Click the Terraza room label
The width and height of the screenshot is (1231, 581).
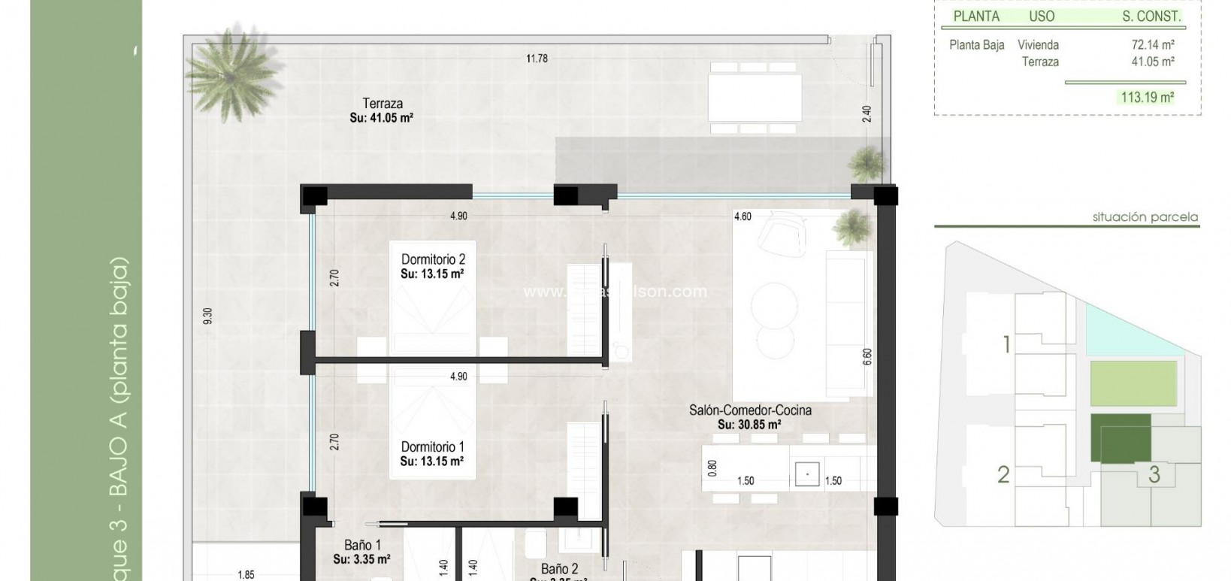382,104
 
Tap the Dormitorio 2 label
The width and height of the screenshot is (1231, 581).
432,260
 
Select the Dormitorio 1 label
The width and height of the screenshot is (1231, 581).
432,447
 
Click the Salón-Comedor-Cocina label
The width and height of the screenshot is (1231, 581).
750,410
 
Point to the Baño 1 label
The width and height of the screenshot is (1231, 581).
362,545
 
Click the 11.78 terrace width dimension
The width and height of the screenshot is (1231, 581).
537,59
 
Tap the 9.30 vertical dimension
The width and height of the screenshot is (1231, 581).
208,316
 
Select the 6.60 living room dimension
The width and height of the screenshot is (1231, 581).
867,356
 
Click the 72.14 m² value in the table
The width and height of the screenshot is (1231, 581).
1153,45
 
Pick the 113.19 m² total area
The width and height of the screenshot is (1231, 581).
1147,97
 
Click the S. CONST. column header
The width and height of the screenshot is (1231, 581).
1151,16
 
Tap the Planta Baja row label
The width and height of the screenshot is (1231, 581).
976,45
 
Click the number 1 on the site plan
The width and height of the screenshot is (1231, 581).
1006,345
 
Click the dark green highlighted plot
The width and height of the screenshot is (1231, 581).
1120,437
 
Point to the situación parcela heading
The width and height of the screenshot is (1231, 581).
1145,218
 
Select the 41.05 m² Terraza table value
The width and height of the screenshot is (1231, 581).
1153,62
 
